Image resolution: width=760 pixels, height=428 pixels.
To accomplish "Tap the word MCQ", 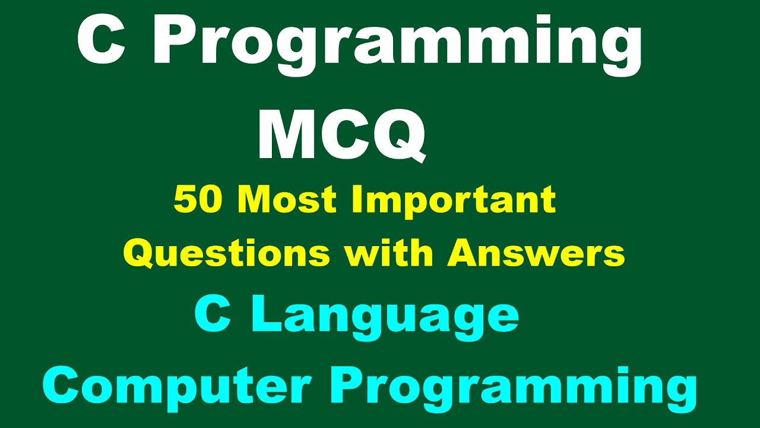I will (x=341, y=136).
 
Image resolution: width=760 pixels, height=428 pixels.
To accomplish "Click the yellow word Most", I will (x=290, y=200).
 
